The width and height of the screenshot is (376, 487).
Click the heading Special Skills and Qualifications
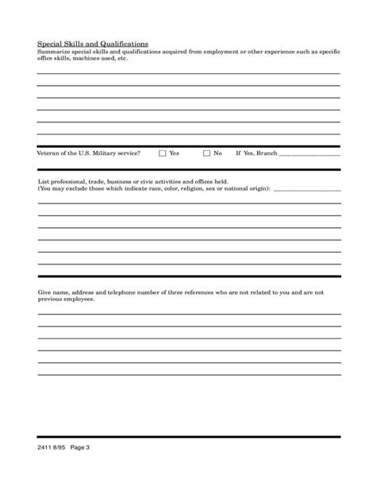click(94, 44)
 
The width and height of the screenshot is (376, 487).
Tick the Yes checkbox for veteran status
click(163, 153)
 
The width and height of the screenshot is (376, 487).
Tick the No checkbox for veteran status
click(206, 153)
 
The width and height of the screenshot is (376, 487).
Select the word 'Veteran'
click(50, 153)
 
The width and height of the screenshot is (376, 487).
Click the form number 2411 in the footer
click(46, 448)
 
